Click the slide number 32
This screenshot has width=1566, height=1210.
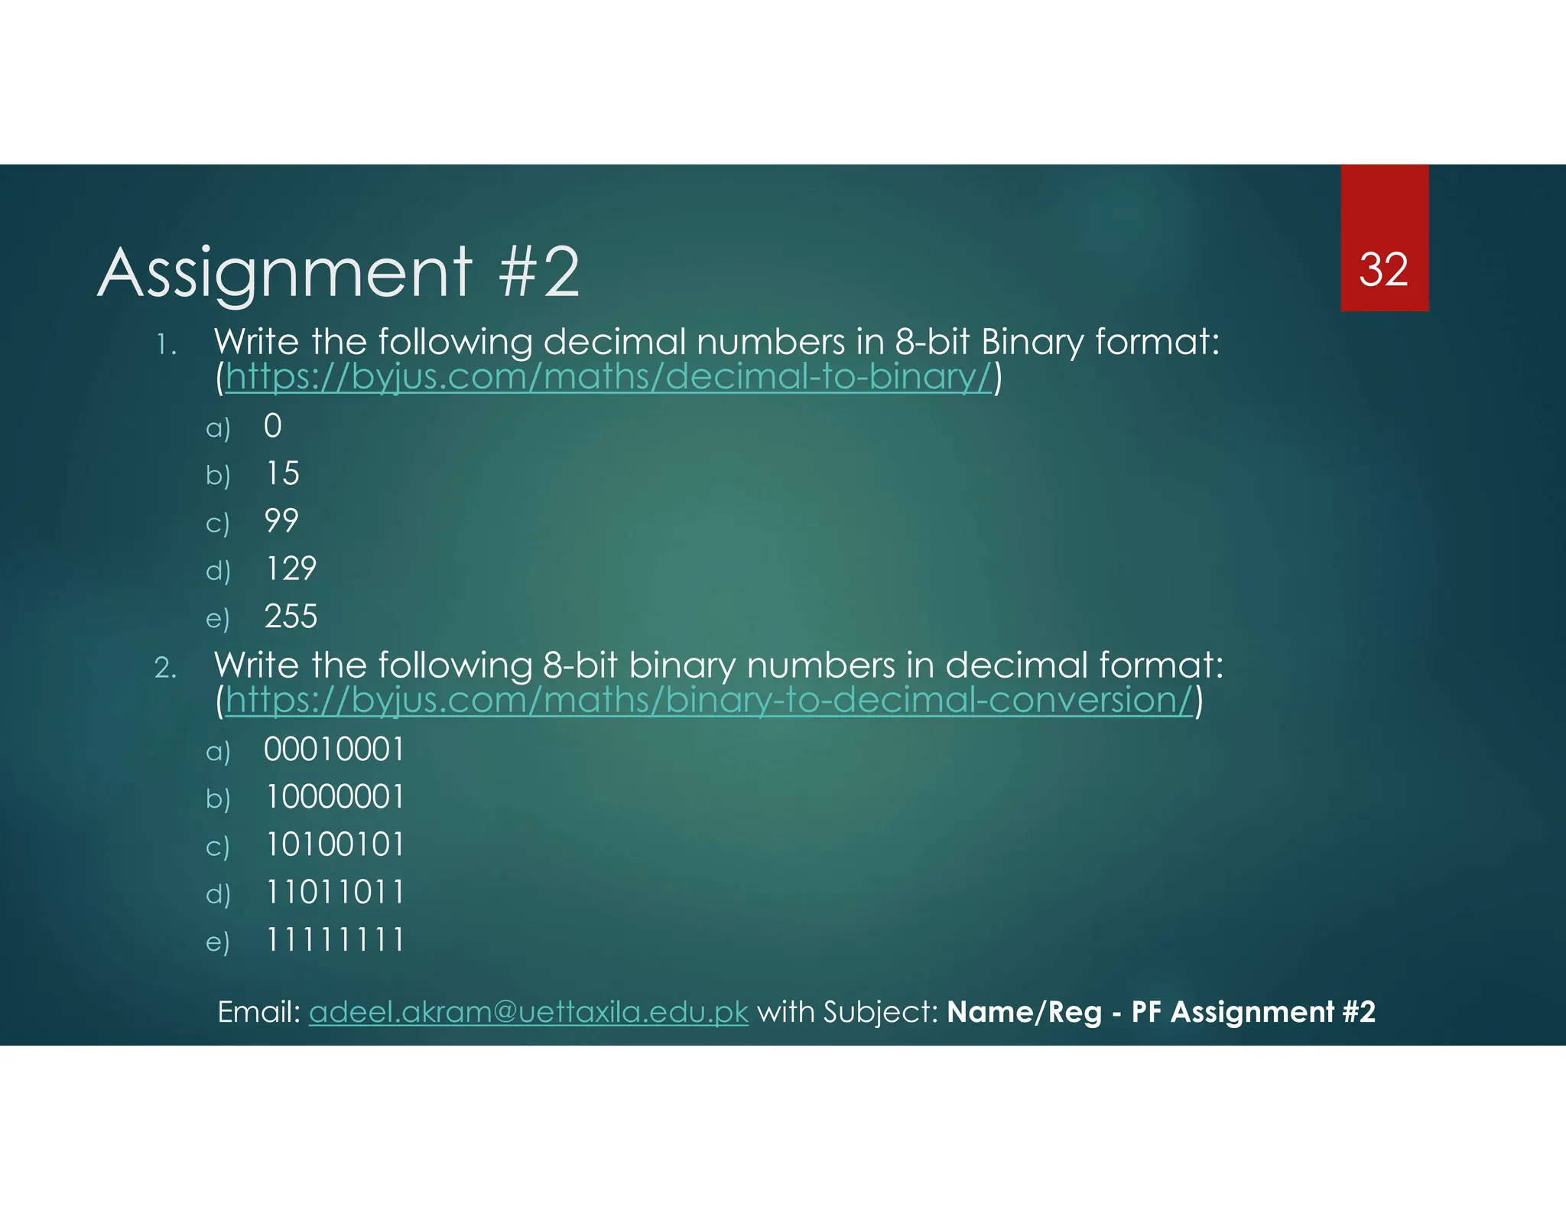pos(1383,270)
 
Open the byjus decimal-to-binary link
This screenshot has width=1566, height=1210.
pos(609,377)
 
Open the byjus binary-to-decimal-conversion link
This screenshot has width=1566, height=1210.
pos(709,701)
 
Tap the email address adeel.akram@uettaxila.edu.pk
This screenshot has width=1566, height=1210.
pos(528,1012)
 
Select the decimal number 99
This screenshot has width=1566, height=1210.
pos(281,521)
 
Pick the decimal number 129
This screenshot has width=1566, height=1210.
pos(291,568)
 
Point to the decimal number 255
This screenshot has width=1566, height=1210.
pos(291,616)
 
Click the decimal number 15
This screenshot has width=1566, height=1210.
pos(282,473)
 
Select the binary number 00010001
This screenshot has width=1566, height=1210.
pos(334,750)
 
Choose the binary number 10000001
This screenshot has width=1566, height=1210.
pos(334,797)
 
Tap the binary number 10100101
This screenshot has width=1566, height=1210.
pos(334,845)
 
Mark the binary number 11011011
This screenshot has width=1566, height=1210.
pos(334,893)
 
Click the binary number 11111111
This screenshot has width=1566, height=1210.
pos(334,940)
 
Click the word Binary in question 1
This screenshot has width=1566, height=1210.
pos(1032,342)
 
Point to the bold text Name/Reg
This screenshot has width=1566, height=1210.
pos(1025,1012)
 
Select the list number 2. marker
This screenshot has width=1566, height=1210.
pos(165,668)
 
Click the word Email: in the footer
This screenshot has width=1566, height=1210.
pos(259,1012)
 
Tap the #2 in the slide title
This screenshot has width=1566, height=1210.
pos(540,273)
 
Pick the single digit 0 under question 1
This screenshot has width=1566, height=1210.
pos(273,426)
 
